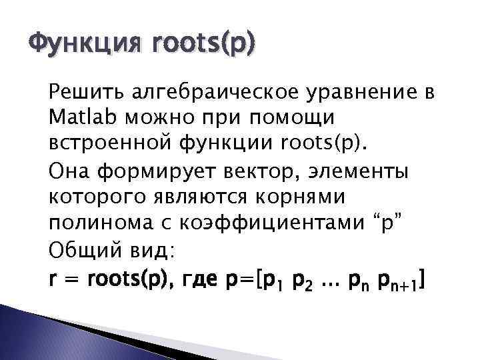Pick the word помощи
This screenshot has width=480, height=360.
pos(303,117)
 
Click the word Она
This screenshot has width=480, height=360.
pos(69,174)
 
